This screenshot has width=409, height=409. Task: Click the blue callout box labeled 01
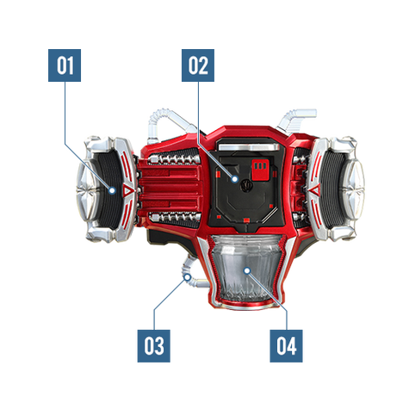(x=65, y=65)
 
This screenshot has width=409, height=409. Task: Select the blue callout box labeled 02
(x=198, y=65)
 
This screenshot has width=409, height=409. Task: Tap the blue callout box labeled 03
(x=154, y=346)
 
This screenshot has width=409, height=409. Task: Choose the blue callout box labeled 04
(x=286, y=346)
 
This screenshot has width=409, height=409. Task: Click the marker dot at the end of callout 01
(x=113, y=190)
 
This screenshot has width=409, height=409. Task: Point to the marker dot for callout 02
(x=235, y=179)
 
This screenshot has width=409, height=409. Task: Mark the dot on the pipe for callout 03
(x=188, y=277)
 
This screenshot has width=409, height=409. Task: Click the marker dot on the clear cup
(x=247, y=270)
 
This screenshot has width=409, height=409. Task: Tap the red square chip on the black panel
(x=260, y=170)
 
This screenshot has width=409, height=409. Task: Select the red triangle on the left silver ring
(x=128, y=190)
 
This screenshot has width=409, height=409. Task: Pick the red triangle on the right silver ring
(x=315, y=189)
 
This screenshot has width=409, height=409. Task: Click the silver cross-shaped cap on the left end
(x=87, y=190)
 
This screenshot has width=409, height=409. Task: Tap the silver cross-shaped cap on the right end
(x=354, y=189)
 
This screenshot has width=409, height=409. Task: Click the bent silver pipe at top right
(x=295, y=117)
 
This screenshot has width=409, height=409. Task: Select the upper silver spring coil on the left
(x=175, y=158)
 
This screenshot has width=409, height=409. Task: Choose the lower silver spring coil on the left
(x=175, y=217)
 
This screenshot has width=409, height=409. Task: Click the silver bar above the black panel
(x=249, y=147)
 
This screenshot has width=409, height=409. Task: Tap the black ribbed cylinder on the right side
(x=332, y=189)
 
